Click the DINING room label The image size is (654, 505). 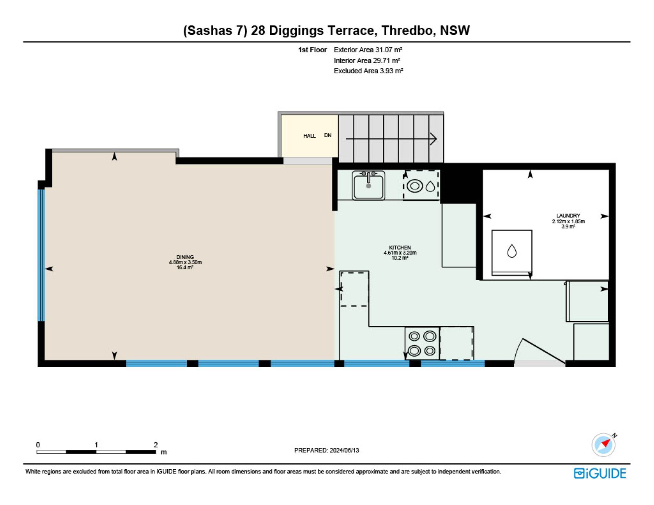(185, 257)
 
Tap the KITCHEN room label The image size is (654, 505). (400, 248)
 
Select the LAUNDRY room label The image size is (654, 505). (568, 216)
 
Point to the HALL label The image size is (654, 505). (309, 136)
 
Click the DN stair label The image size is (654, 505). (328, 135)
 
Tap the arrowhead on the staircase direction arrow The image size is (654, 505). (434, 139)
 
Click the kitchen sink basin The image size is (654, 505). (368, 185)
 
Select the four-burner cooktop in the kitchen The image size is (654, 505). (422, 343)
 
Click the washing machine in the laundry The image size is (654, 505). (512, 252)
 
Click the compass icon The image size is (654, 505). (604, 444)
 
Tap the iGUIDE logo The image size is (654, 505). (600, 473)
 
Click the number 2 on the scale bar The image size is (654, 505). (156, 445)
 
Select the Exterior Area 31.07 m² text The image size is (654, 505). (368, 50)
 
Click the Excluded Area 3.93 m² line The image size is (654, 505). (368, 71)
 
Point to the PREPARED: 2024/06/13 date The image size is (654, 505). (327, 450)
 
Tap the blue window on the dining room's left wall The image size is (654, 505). (41, 255)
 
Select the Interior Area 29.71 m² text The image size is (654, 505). (367, 61)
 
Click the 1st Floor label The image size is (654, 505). (312, 50)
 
